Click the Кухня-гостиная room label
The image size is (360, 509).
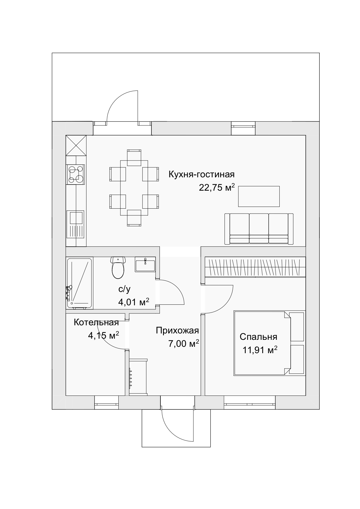[x=202, y=174]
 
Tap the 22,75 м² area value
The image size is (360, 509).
[x=217, y=187]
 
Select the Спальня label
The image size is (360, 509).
[x=258, y=337]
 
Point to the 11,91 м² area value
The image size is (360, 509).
[x=260, y=350]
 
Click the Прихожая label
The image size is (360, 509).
[x=177, y=331]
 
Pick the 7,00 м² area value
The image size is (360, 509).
[x=184, y=344]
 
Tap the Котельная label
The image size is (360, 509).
[x=96, y=322]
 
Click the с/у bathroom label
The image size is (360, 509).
[x=125, y=289]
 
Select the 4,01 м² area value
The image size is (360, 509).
[x=133, y=302]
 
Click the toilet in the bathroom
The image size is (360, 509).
[x=118, y=268]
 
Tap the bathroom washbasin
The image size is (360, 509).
[x=145, y=264]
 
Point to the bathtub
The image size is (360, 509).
[x=79, y=283]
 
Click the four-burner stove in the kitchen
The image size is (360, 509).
[x=76, y=174]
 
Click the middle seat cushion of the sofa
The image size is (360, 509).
[x=259, y=228]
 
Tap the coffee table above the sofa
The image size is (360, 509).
[x=259, y=196]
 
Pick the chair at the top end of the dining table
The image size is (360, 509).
[x=134, y=157]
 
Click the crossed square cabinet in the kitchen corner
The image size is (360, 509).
[x=76, y=145]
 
